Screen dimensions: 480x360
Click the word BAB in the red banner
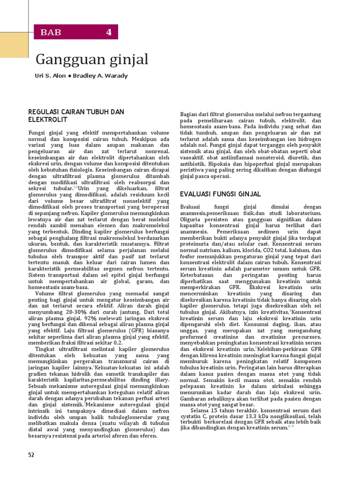[x=51, y=32]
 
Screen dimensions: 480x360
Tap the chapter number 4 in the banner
[x=109, y=32]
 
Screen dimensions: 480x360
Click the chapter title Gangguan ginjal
[x=92, y=60]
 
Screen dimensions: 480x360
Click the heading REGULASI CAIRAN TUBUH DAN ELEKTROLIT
[x=76, y=115]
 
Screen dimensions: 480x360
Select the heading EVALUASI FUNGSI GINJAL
[x=220, y=194]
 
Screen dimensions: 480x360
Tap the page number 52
[x=31, y=454]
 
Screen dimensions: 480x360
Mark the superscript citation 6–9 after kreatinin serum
[x=291, y=426]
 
